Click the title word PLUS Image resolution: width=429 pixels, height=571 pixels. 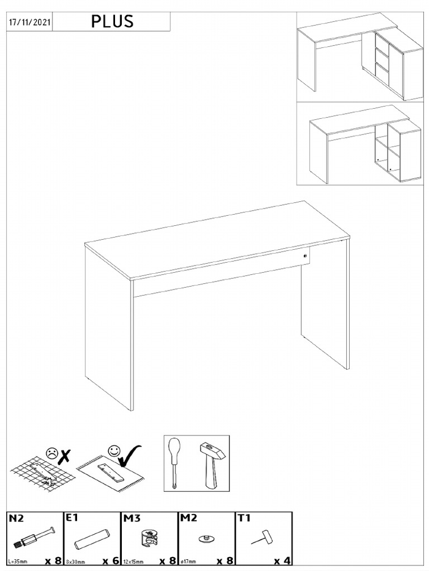(113, 22)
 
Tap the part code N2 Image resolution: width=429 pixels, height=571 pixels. (16, 519)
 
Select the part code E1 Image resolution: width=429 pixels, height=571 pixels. (72, 518)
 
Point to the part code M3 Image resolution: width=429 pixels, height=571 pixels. (131, 519)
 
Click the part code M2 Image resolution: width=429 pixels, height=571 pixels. (188, 519)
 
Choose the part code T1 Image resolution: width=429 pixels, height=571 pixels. (244, 519)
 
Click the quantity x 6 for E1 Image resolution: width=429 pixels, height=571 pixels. (111, 560)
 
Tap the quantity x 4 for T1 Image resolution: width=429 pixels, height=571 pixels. (282, 560)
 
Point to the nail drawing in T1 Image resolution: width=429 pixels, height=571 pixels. (261, 538)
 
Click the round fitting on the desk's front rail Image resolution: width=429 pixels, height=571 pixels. (305, 256)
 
